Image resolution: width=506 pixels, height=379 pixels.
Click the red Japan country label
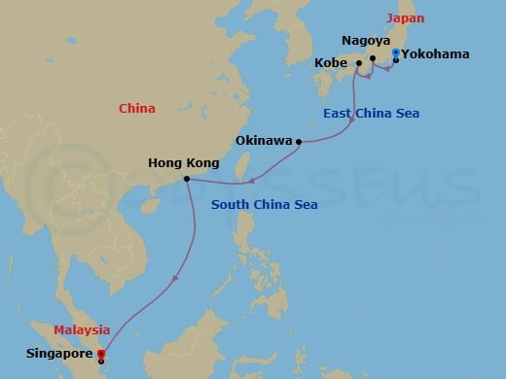point(406,18)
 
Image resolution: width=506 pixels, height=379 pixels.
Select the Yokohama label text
point(435,54)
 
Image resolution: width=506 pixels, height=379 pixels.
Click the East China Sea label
point(372,115)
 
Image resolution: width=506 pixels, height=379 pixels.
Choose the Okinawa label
point(265,141)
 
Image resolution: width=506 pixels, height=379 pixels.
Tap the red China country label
point(137,109)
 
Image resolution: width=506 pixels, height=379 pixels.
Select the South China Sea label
point(255,204)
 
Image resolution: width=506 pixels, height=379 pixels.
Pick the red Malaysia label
point(83,329)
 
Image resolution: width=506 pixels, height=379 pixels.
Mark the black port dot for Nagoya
point(373,59)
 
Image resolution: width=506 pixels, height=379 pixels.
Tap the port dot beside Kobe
point(359,64)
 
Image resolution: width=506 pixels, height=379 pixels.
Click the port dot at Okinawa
point(298,142)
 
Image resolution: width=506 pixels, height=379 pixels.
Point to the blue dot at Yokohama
point(394,53)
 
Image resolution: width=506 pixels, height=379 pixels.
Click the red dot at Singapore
point(101,354)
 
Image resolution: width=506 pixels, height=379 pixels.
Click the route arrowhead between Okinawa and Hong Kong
point(252,180)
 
